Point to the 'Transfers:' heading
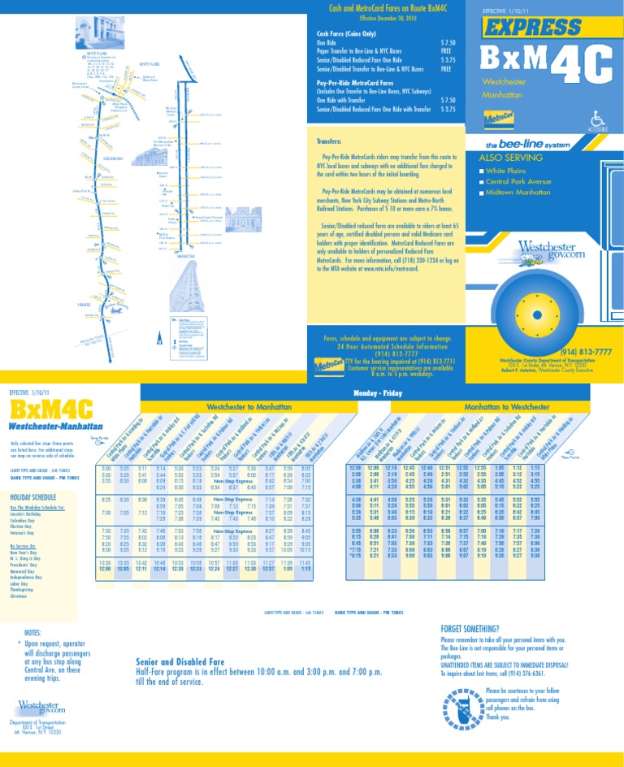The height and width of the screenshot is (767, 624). (x=332, y=141)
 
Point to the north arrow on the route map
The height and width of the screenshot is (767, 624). (x=159, y=340)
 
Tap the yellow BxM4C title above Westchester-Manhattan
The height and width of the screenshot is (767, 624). (x=51, y=408)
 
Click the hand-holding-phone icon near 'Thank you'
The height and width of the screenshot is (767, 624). (x=451, y=704)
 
